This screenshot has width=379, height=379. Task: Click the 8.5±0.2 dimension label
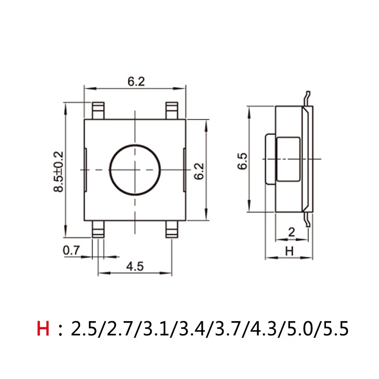click(x=58, y=172)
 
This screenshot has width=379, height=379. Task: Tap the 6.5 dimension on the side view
click(x=243, y=161)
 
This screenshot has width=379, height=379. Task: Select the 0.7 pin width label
click(x=71, y=251)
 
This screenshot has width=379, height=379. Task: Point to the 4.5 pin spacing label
click(x=135, y=266)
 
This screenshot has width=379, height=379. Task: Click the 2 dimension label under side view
click(x=292, y=232)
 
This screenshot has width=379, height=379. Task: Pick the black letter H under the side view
click(x=289, y=251)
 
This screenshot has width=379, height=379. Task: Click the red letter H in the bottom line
click(x=43, y=328)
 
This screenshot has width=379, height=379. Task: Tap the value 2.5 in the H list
click(x=83, y=328)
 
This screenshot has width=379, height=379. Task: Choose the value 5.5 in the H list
click(x=336, y=328)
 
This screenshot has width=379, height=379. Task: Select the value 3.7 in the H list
click(x=228, y=328)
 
